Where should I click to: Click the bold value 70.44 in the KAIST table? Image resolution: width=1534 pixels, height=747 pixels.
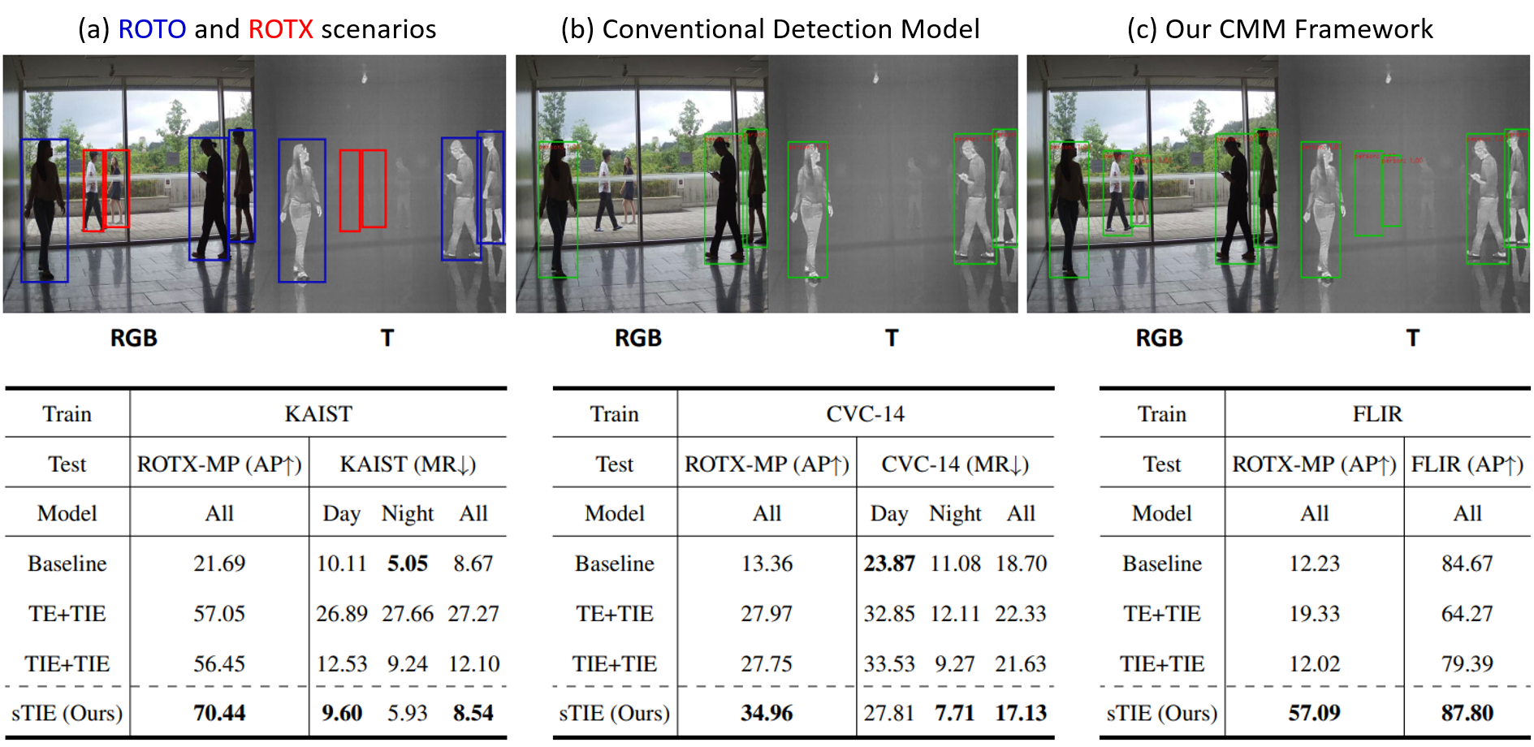pyautogui.click(x=219, y=713)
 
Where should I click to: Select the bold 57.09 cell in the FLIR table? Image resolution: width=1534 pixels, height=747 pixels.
pyautogui.click(x=1314, y=713)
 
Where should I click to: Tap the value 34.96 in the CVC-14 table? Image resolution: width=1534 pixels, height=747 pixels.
pyautogui.click(x=767, y=713)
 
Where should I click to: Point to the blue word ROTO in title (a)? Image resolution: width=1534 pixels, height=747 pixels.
pyautogui.click(x=152, y=29)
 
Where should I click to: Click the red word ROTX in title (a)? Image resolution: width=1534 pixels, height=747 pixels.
pyautogui.click(x=280, y=29)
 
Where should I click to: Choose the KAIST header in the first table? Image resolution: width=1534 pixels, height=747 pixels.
pyautogui.click(x=318, y=414)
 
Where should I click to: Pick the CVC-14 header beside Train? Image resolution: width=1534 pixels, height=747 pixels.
pyautogui.click(x=865, y=414)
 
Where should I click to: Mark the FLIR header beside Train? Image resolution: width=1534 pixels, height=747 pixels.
pyautogui.click(x=1377, y=414)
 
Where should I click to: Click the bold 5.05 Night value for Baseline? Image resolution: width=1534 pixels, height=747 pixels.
pyautogui.click(x=407, y=563)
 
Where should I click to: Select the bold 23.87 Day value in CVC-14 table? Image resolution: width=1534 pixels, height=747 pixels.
pyautogui.click(x=889, y=563)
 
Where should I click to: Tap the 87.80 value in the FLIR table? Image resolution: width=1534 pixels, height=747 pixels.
pyautogui.click(x=1467, y=713)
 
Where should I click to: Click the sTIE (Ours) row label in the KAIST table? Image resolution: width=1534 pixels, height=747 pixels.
pyautogui.click(x=67, y=713)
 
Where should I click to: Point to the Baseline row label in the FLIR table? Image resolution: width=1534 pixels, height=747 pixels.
pyautogui.click(x=1162, y=563)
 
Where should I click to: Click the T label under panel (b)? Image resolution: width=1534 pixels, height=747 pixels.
pyautogui.click(x=892, y=338)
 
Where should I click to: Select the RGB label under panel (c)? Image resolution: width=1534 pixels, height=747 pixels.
pyautogui.click(x=1159, y=338)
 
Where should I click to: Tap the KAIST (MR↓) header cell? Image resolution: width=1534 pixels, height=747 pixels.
pyautogui.click(x=408, y=464)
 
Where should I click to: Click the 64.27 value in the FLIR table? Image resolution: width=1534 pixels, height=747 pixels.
pyautogui.click(x=1467, y=614)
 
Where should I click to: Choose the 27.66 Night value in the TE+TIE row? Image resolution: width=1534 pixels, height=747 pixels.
pyautogui.click(x=408, y=614)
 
